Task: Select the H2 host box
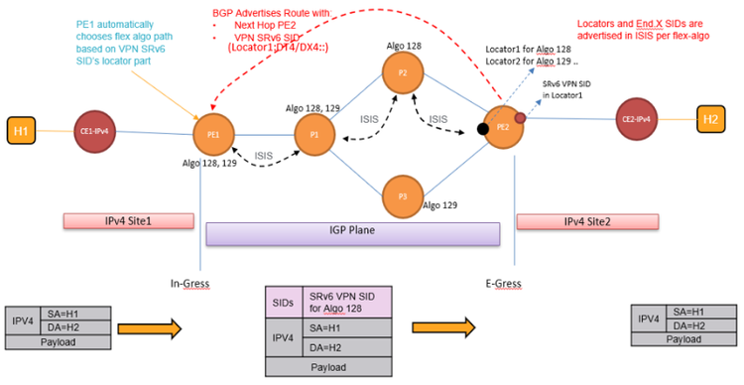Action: click(709, 116)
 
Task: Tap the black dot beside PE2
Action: click(482, 128)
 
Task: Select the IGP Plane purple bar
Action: click(351, 233)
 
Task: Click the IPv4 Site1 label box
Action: click(119, 219)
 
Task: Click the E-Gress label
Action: click(503, 283)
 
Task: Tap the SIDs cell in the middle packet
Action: click(282, 301)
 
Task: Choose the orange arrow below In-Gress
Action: click(170, 328)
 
